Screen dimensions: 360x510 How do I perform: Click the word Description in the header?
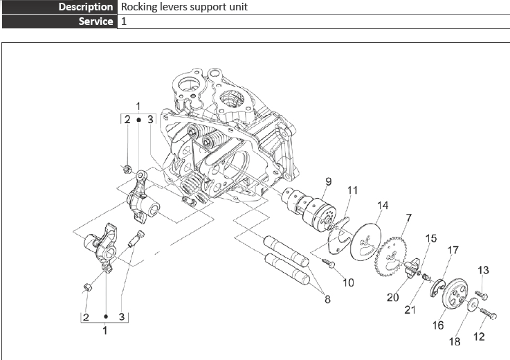86,7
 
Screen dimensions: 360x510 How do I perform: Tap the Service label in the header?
95,21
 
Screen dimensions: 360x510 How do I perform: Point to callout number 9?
329,182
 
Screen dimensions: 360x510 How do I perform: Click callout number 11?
352,190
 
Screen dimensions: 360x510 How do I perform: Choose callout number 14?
382,206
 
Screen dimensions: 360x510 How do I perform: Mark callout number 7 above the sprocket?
408,218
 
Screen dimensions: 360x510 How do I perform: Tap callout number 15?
431,238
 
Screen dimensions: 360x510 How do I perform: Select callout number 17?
453,250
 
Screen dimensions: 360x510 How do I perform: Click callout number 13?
483,270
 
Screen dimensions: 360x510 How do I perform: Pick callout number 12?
478,337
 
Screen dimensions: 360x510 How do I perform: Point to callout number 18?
454,341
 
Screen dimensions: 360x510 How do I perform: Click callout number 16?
438,324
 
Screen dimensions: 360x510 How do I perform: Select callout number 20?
393,297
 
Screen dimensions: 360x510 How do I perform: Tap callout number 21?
410,309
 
